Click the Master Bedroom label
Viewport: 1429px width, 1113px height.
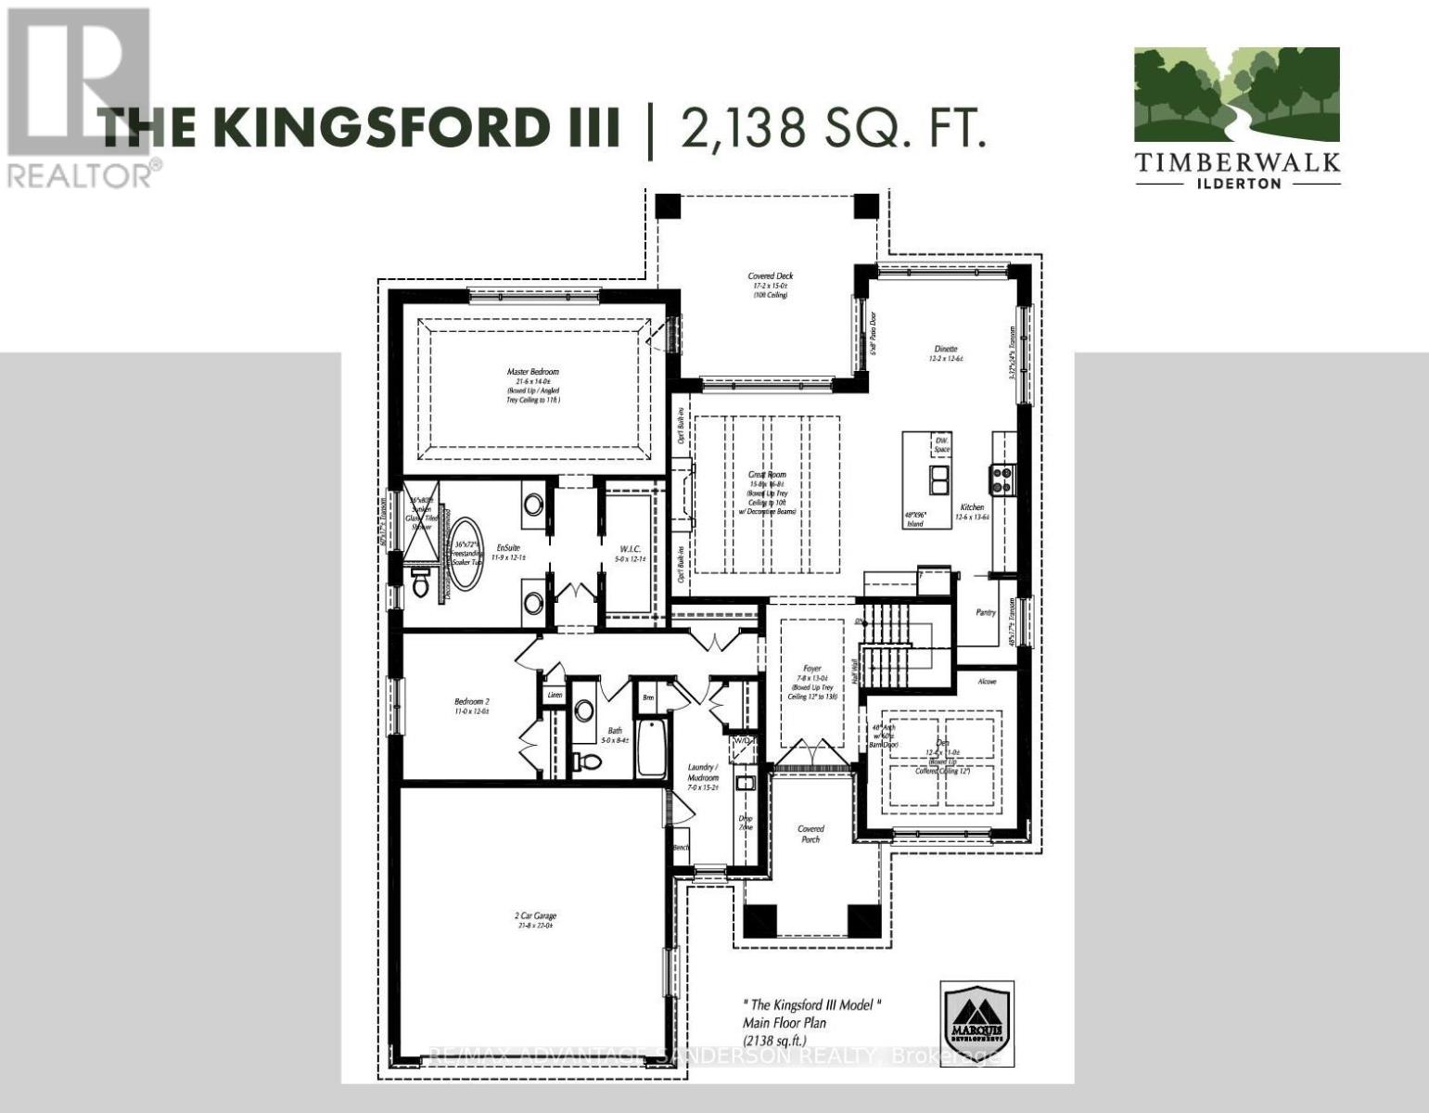tap(533, 372)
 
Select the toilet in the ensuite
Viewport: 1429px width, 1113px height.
tap(422, 582)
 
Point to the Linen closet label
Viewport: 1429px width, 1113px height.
tap(555, 695)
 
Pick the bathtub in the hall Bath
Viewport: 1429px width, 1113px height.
tap(649, 748)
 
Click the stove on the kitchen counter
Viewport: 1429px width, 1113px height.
tap(1002, 479)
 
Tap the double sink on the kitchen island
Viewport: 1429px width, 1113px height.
tap(939, 480)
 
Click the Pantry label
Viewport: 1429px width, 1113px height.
tap(986, 612)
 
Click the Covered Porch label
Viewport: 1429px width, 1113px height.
tap(810, 834)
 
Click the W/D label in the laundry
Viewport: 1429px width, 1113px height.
tap(742, 741)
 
